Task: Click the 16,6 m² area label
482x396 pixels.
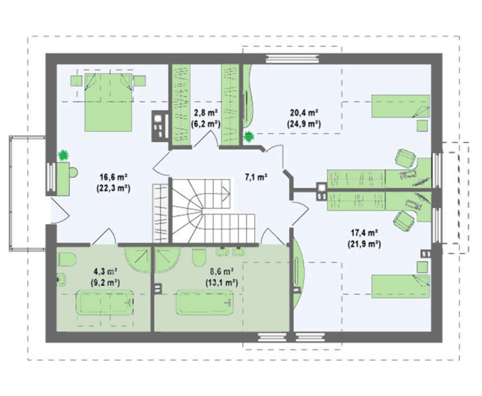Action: (113, 177)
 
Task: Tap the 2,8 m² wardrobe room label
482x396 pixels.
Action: (206, 113)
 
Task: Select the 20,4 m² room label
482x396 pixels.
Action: (304, 113)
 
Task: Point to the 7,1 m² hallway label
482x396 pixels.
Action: (256, 177)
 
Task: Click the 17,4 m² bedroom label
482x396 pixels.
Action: (364, 233)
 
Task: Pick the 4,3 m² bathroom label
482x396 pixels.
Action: (105, 271)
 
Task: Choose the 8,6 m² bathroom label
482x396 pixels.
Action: (221, 271)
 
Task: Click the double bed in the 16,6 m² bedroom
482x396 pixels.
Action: (108, 102)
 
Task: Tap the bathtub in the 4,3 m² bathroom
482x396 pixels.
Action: (105, 302)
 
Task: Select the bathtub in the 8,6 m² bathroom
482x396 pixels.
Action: (204, 302)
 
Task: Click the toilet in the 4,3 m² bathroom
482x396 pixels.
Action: (67, 259)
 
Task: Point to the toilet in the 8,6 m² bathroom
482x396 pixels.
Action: (200, 257)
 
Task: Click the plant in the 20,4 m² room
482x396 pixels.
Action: (248, 137)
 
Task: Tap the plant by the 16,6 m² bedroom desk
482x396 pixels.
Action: (63, 155)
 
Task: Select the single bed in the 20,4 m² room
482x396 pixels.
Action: (400, 106)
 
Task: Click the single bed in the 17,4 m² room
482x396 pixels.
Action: (400, 286)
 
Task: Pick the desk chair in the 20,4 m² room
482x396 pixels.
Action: (405, 158)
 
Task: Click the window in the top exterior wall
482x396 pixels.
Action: (293, 59)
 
